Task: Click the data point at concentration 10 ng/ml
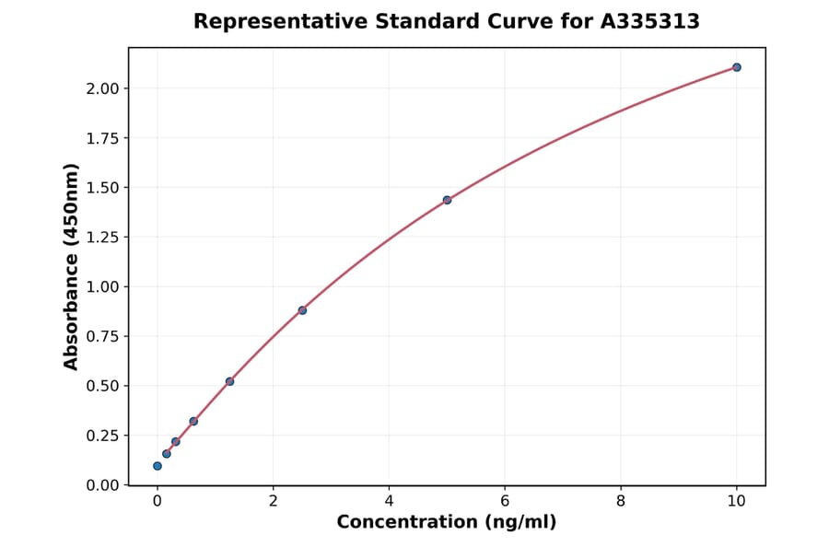737,67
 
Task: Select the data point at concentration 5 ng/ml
447,200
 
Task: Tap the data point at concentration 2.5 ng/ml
302,310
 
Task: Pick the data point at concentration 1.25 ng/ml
229,381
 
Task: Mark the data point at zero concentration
158,466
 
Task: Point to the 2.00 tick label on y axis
103,88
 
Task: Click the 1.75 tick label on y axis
103,138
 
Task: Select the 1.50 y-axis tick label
103,188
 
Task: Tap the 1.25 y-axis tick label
103,238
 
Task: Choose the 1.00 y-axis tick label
103,287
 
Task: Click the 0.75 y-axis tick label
103,336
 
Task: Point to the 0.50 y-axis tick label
103,386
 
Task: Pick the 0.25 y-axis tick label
103,436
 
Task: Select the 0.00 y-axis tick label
103,485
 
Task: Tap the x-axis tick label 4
389,501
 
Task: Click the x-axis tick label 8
621,501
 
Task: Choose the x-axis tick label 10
737,501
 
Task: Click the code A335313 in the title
650,21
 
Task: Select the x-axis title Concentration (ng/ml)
447,522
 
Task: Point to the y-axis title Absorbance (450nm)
72,266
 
